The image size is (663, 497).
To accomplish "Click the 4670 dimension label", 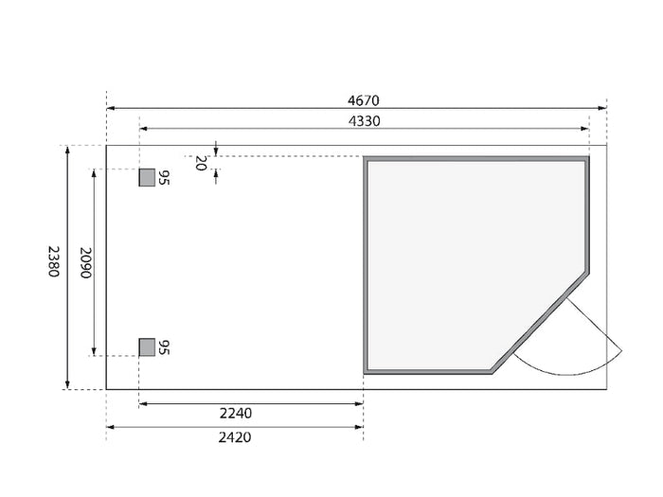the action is (363, 100).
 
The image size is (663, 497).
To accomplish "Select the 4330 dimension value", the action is (364, 121).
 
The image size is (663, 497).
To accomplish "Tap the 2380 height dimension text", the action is (54, 261).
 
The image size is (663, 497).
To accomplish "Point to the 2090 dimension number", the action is (86, 263).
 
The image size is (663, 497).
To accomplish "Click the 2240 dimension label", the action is (236, 414).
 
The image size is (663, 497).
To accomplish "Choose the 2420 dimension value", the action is (235, 437).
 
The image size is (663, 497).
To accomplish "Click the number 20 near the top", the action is (201, 163).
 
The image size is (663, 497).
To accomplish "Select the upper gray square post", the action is (147, 178).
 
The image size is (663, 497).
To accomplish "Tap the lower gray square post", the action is (147, 347).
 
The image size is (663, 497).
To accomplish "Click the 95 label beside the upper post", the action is (163, 178).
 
